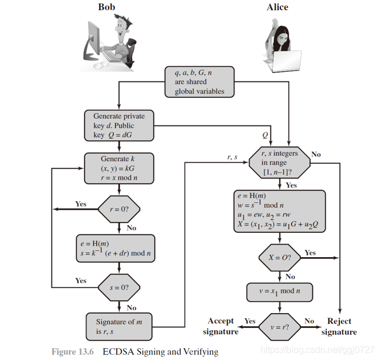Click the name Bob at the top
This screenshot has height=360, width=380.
pyautogui.click(x=109, y=7)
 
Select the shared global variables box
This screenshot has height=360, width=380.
pyautogui.click(x=199, y=82)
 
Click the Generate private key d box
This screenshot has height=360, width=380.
pyautogui.click(x=118, y=125)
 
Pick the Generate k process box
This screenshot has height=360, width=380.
pyautogui.click(x=118, y=168)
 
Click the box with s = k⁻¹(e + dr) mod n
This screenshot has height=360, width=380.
pyautogui.click(x=118, y=248)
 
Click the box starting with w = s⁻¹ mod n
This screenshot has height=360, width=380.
pyautogui.click(x=279, y=210)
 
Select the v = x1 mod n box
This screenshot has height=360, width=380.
pyautogui.click(x=279, y=292)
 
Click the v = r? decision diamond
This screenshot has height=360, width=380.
pyautogui.click(x=279, y=326)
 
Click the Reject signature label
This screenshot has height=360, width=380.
pyautogui.click(x=339, y=326)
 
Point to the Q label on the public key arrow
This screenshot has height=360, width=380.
pyautogui.click(x=265, y=136)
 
